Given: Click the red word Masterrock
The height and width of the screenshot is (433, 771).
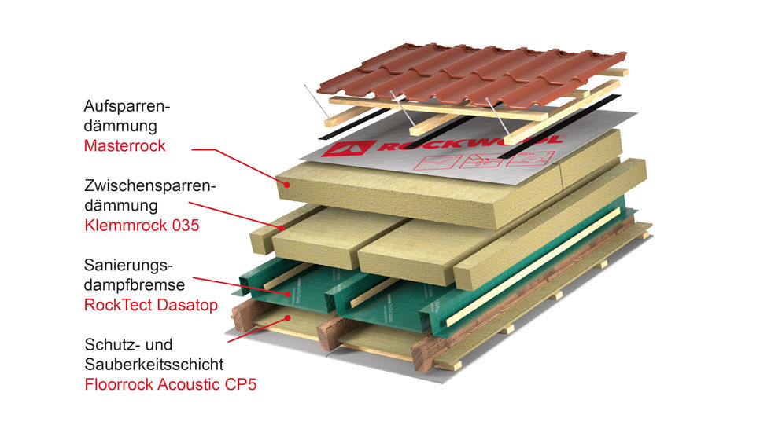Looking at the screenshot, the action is point(124,146).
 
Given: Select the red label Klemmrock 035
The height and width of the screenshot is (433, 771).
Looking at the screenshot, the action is point(142,226).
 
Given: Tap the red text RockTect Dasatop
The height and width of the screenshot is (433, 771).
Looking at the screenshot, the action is point(151,305).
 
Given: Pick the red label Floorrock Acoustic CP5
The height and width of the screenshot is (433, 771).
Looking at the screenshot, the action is point(170,384).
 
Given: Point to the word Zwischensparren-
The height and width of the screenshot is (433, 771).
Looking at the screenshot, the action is point(150,186).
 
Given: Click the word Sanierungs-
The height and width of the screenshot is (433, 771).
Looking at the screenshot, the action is point(128,266).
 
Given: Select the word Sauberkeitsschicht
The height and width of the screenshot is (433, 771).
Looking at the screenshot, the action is point(154,365).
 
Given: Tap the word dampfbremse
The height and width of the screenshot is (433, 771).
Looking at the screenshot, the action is point(135,285).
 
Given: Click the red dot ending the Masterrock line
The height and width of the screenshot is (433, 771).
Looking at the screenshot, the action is point(286,185).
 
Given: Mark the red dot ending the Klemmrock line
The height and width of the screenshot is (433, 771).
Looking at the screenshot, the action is point(282,228).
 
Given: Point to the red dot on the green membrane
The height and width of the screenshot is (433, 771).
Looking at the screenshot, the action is point(288,294).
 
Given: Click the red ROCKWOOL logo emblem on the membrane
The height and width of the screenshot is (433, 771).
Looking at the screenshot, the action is point(348,149).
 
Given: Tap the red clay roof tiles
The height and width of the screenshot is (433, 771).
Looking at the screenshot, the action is point(471,75).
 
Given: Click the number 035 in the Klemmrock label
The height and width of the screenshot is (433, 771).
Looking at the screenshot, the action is point(186,226).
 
